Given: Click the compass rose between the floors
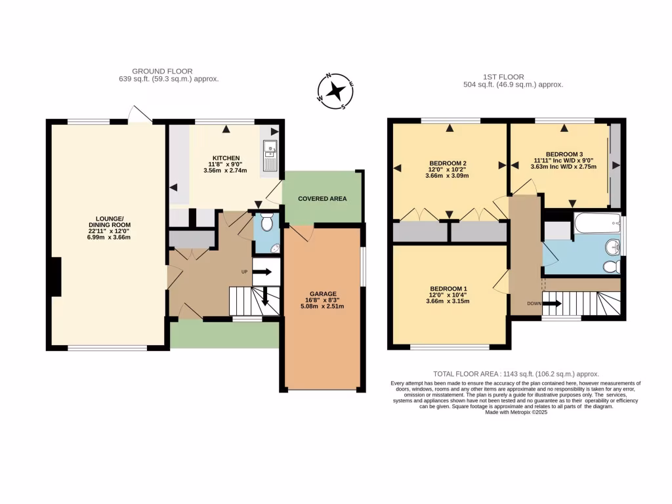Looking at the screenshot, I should (336, 91).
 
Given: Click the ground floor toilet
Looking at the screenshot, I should (266, 224).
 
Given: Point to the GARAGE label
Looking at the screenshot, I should (323, 294).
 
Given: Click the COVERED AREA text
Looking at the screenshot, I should (322, 198).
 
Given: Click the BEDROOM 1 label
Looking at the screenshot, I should (448, 289).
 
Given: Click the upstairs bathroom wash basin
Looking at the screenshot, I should (612, 247).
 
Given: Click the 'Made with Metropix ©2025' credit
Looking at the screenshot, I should (515, 412).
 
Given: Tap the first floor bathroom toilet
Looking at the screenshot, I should (611, 266).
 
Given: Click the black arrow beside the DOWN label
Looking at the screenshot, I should (551, 303).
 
